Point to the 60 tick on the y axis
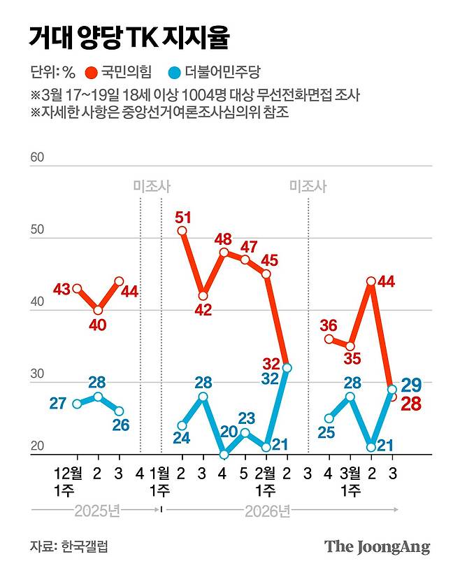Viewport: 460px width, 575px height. click(37, 157)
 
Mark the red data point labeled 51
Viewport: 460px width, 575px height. click(182, 230)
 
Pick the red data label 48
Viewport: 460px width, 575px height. click(224, 238)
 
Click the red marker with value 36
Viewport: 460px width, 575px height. click(329, 339)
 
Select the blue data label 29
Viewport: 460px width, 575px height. click(411, 384)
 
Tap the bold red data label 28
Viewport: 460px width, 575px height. click(411, 403)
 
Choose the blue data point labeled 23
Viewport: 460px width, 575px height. click(245, 432)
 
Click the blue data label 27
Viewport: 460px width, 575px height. click(59, 403)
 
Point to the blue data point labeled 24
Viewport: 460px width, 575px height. click(182, 425)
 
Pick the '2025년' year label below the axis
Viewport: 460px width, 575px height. click(98, 511)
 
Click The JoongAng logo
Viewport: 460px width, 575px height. click(377, 546)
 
